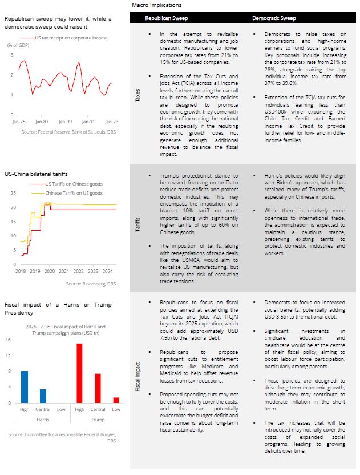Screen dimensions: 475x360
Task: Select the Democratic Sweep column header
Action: point(273,18)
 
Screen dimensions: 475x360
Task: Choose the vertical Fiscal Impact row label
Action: point(137,377)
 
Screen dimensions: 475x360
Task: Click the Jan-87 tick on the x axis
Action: point(42,122)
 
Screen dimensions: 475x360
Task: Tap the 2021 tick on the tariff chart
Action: point(64,271)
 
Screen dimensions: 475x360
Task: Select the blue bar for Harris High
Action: point(25,387)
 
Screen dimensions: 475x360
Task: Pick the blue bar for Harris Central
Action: point(43,396)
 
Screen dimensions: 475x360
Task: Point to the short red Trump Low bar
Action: point(116,400)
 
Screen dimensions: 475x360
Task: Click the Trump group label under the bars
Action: point(98,418)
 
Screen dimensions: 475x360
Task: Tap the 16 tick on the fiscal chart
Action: point(9,340)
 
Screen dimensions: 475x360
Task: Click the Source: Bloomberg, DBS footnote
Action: point(91,284)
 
